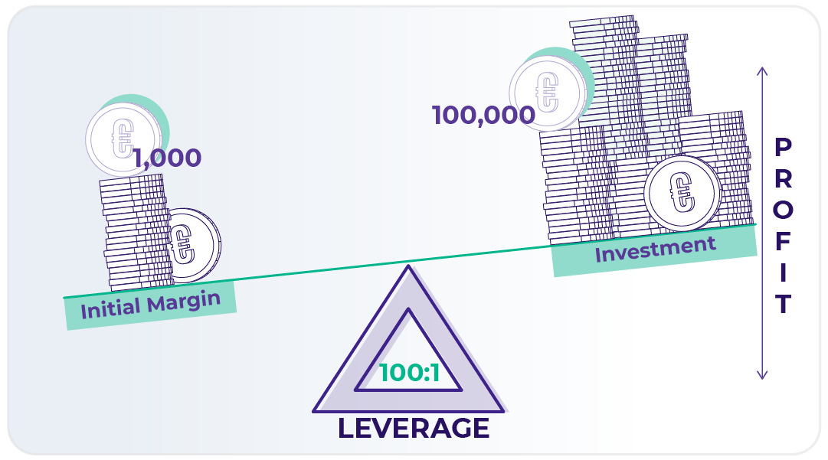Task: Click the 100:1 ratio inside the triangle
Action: point(410,373)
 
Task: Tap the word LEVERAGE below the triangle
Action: point(413,429)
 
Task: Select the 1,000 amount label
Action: point(167,158)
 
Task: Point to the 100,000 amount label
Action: point(483,116)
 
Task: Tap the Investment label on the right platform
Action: point(655,249)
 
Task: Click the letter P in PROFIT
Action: point(783,147)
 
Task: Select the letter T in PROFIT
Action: point(782,305)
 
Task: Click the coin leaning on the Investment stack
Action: point(681,192)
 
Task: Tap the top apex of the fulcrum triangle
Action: point(409,268)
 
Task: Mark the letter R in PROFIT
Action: point(783,178)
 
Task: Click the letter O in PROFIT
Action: point(783,210)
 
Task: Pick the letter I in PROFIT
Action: point(783,273)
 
